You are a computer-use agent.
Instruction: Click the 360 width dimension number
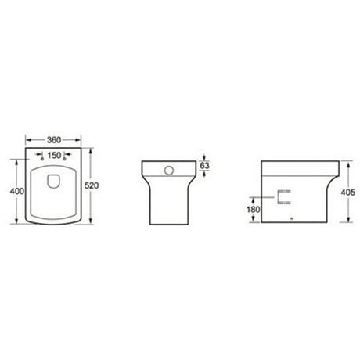[x=54, y=139]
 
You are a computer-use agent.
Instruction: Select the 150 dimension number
[x=54, y=154]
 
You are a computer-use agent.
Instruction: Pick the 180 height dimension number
[x=253, y=208]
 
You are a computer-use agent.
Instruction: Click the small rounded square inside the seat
[x=54, y=182]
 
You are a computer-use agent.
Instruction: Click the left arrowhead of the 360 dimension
[x=27, y=139]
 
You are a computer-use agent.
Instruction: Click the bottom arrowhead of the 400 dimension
[x=17, y=222]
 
